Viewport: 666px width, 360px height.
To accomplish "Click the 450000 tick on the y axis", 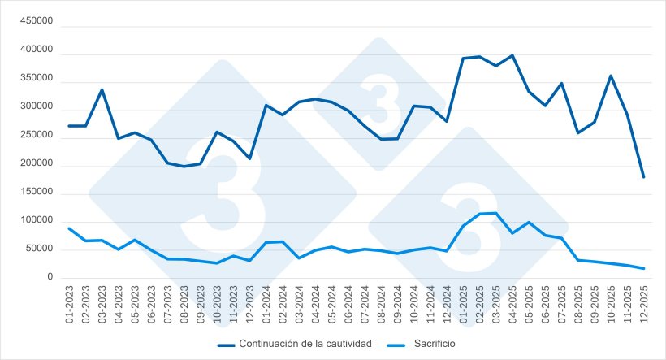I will (37, 24).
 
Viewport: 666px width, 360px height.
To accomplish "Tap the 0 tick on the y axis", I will (50, 278).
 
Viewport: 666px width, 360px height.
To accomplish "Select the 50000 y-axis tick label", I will (39, 249).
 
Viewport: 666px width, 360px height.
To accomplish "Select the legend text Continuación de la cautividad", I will (305, 344).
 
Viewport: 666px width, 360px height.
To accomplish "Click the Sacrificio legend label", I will (433, 344).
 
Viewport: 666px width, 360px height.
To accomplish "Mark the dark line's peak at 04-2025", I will (512, 56).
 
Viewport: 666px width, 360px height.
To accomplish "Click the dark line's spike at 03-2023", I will (102, 89).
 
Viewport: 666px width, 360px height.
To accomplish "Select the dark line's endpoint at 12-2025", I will (643, 176).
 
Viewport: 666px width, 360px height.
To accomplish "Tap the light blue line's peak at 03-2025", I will (495, 213).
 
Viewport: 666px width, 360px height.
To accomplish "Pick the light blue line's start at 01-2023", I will (69, 228).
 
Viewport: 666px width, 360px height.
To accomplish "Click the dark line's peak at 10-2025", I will (611, 76).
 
